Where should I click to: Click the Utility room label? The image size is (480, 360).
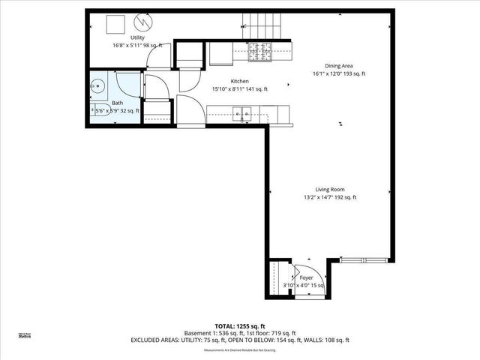pos(137,37)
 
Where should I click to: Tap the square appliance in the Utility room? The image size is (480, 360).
pos(115,24)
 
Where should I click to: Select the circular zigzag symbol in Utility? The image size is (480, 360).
pos(142,23)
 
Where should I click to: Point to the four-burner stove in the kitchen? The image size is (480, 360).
pos(260,52)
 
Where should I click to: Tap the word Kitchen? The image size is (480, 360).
pos(239,81)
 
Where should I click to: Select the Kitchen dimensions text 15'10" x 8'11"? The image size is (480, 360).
pos(239,89)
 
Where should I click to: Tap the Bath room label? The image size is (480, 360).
pos(118,103)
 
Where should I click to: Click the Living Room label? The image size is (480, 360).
pos(329,190)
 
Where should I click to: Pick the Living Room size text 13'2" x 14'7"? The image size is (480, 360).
pos(329,198)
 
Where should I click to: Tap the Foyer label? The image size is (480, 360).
pos(306,277)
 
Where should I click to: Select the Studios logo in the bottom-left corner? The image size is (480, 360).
pos(25,336)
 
